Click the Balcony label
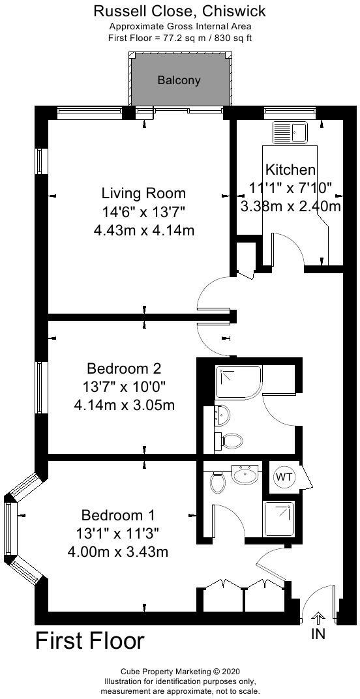[179, 81]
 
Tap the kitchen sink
[291, 132]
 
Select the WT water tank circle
[284, 477]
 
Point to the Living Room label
[143, 194]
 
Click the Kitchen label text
[290, 170]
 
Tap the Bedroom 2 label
[123, 368]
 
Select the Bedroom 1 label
[118, 515]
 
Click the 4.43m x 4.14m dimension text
[143, 231]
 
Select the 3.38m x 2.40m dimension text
[290, 207]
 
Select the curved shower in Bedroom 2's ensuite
[239, 382]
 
